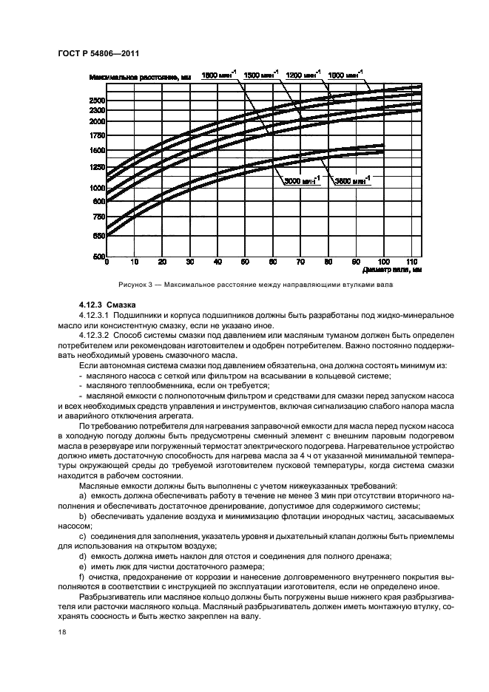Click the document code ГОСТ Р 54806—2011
99,53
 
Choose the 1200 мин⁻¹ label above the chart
302,75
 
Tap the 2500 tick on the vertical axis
96,100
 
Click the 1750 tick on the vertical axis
96,135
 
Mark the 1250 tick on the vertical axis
96,168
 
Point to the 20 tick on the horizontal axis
162,262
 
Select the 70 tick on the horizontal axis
300,262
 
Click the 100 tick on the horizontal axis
382,262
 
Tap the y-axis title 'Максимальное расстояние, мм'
139,76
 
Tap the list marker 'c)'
83,535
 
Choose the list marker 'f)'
82,574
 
